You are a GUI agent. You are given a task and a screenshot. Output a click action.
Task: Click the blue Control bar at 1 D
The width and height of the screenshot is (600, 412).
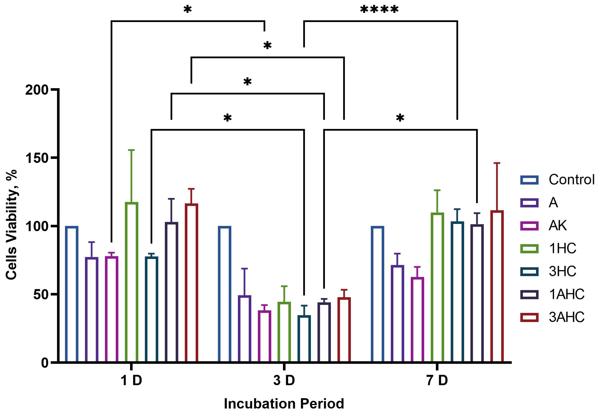(x=72, y=294)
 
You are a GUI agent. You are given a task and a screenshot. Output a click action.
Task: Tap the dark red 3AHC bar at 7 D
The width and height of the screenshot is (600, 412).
(x=497, y=287)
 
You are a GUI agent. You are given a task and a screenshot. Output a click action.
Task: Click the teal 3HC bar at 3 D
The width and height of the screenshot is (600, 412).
(x=304, y=339)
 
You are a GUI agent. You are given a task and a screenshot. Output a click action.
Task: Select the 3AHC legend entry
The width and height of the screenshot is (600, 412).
(x=566, y=317)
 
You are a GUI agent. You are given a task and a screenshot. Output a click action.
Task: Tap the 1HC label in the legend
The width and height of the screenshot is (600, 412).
(x=563, y=249)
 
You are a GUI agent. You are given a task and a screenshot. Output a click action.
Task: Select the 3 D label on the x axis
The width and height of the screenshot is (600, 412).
(x=284, y=381)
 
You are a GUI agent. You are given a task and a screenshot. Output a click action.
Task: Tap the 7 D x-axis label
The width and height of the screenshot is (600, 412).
(x=437, y=381)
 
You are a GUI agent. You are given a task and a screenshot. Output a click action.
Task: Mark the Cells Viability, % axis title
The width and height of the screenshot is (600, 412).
(x=11, y=225)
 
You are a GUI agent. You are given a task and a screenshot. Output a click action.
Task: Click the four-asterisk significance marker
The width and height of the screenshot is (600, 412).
(x=379, y=10)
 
